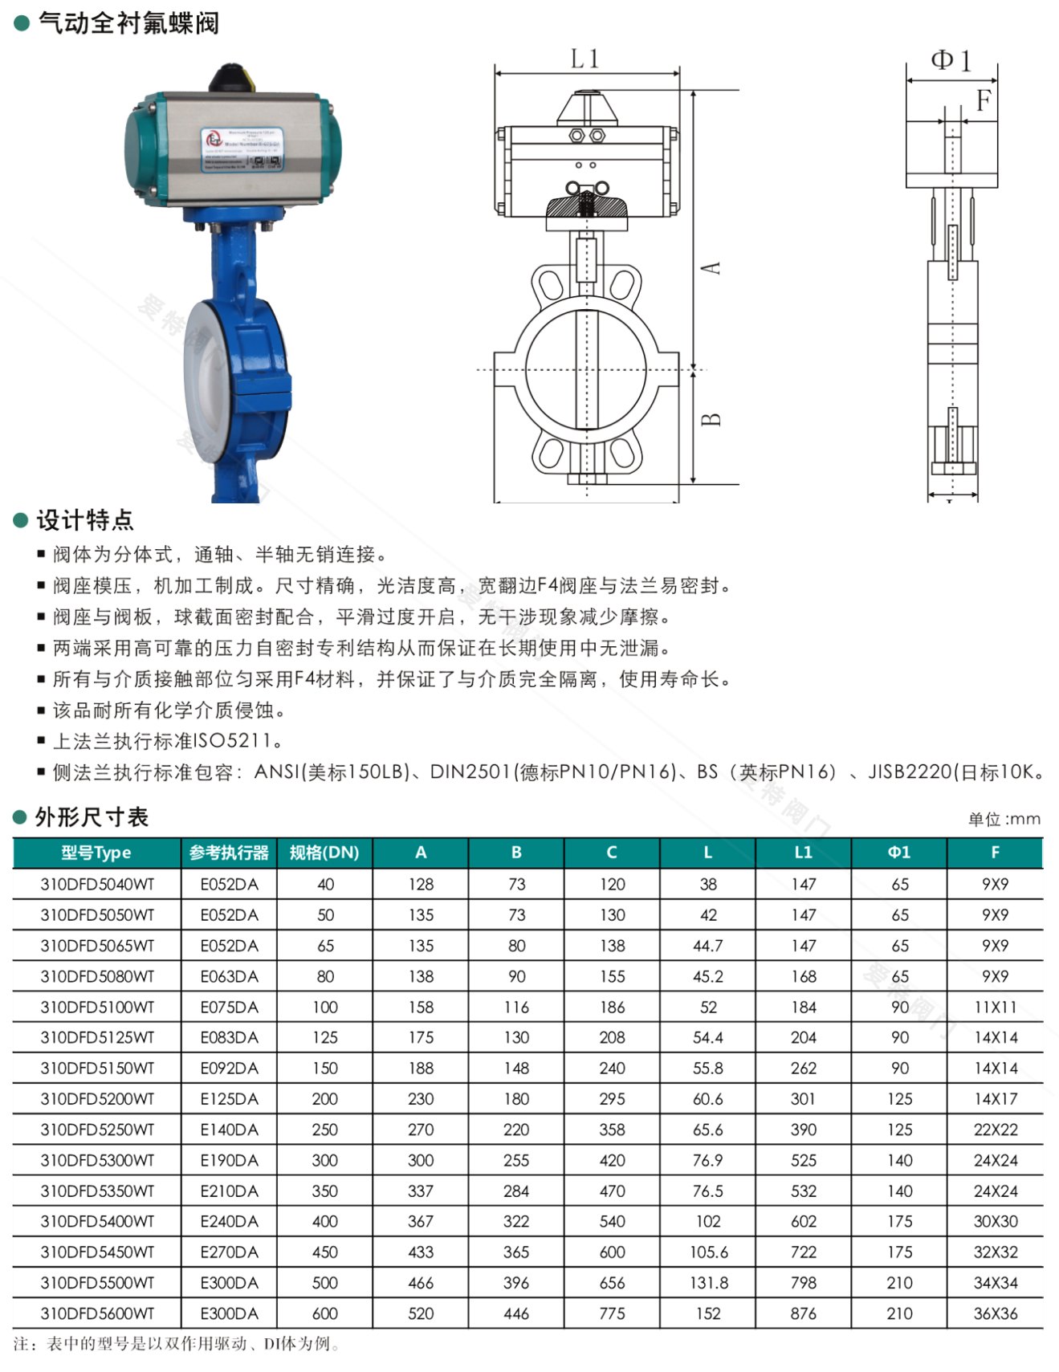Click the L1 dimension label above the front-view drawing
(x=584, y=59)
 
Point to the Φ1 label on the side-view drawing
(x=951, y=60)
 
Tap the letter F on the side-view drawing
(x=984, y=100)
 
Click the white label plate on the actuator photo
(x=242, y=149)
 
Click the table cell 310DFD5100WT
(x=97, y=1007)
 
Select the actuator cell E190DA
(x=229, y=1160)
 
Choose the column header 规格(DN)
(x=324, y=853)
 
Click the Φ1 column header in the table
(x=899, y=853)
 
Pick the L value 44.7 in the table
(x=707, y=946)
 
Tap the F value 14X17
(x=996, y=1099)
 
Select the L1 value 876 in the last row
(x=803, y=1313)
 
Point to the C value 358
(x=612, y=1130)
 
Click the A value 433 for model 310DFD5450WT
(x=421, y=1252)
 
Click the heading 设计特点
(x=84, y=520)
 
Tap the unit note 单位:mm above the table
(x=1004, y=819)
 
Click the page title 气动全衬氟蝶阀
(x=128, y=23)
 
